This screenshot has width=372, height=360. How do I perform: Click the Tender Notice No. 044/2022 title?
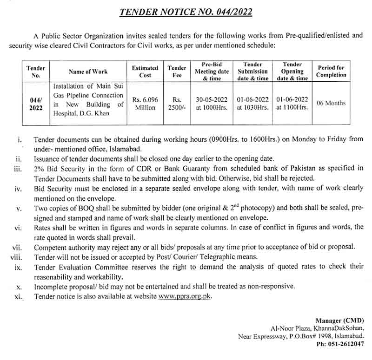click(186, 11)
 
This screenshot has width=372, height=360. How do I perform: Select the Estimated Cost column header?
click(145, 71)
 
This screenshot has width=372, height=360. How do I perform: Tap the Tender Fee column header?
click(177, 71)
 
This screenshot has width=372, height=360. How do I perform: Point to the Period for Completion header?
click(331, 71)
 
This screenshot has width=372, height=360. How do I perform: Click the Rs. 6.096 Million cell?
click(145, 103)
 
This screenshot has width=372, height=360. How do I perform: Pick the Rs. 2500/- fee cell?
click(177, 103)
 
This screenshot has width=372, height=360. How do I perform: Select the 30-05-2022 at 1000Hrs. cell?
click(212, 103)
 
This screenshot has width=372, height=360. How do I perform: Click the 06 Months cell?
click(331, 103)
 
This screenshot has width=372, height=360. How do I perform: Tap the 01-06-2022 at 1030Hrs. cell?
click(253, 103)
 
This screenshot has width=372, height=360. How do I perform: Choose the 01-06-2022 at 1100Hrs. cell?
click(292, 103)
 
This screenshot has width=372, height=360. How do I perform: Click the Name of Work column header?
click(88, 72)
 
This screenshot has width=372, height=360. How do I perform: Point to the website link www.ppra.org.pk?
click(185, 296)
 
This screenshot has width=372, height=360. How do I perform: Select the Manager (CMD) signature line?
click(340, 321)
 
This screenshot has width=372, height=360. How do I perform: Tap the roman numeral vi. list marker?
click(18, 227)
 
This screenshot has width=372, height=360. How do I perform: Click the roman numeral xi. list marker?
click(18, 297)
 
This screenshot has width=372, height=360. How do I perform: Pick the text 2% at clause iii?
click(39, 168)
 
